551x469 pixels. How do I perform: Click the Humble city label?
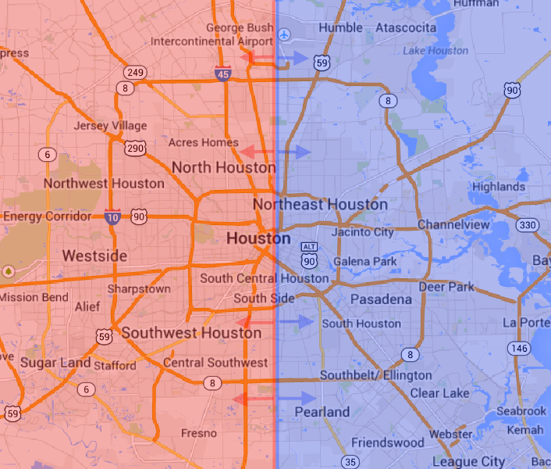[x=341, y=28]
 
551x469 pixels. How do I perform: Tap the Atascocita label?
[x=406, y=28]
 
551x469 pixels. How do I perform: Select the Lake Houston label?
[x=435, y=51]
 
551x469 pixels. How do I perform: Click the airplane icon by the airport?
[x=284, y=34]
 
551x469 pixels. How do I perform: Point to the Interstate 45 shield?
[x=222, y=75]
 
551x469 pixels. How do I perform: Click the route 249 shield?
[x=136, y=73]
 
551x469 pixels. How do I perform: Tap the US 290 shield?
[x=134, y=148]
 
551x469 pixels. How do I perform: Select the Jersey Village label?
[x=110, y=126]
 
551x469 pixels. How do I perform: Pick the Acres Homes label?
[x=204, y=142]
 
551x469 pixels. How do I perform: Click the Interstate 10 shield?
[x=112, y=217]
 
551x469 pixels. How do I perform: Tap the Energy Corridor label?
[x=48, y=216]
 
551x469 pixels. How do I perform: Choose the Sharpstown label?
[x=139, y=288]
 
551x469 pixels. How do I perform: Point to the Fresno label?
[x=199, y=433]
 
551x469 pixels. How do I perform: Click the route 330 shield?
[x=528, y=226]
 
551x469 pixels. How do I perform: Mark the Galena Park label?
[x=364, y=261]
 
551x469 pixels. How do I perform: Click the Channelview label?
[x=453, y=225]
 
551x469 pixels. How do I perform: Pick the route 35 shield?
[x=349, y=462]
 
